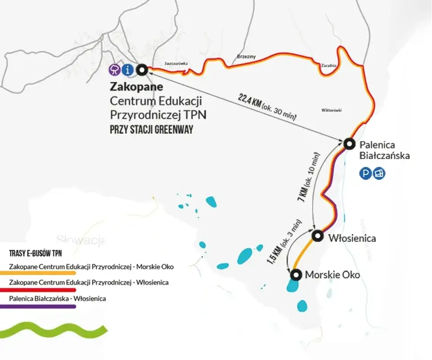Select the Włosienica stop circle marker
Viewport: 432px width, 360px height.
(x=318, y=235)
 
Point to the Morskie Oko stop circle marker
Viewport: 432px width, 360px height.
(x=295, y=274)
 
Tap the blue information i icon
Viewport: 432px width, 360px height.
(x=128, y=70)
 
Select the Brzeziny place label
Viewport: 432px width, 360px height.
(x=246, y=57)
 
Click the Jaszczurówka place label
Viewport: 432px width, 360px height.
(x=176, y=63)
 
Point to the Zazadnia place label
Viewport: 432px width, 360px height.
(x=328, y=65)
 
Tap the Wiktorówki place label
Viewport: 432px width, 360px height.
(x=332, y=110)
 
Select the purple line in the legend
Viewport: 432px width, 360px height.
(x=42, y=306)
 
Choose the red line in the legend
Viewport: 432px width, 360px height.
(x=42, y=290)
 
